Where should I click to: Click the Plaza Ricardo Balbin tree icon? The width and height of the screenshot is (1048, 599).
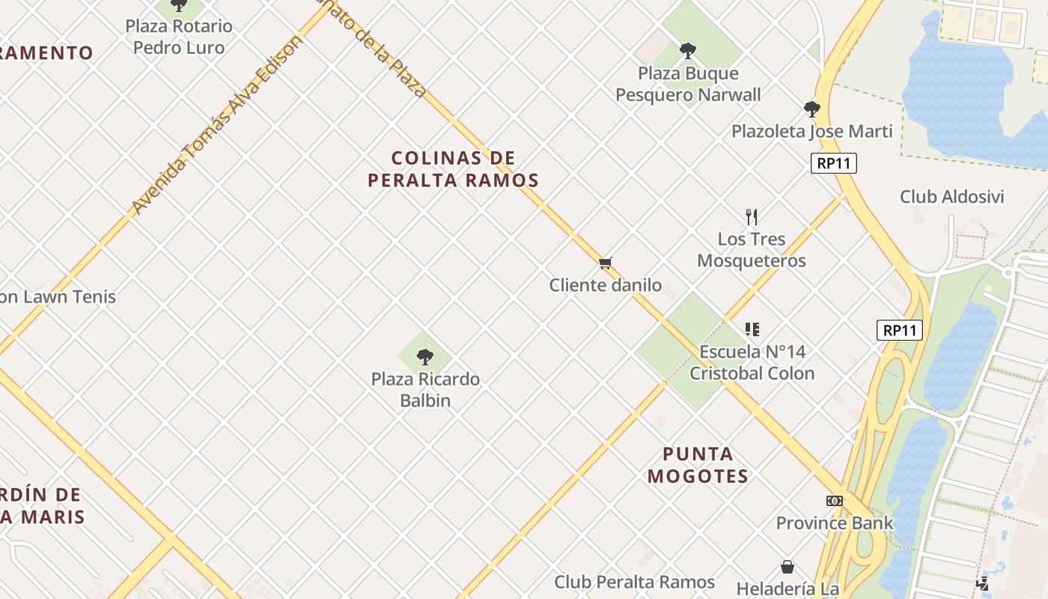tap(425, 356)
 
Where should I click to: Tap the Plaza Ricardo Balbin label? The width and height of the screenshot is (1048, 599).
tap(425, 389)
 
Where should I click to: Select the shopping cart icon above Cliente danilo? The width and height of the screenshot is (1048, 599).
tap(606, 263)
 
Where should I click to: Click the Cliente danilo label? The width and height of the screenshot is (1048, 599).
tap(606, 285)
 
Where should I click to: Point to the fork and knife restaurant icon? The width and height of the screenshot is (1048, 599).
tap(752, 217)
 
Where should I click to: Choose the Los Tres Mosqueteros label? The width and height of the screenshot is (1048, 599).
tap(752, 250)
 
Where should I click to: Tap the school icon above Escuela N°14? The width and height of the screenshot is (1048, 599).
tap(752, 329)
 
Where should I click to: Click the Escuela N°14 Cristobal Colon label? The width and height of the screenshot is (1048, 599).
tap(752, 362)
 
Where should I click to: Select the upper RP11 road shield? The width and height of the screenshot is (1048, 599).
tap(833, 163)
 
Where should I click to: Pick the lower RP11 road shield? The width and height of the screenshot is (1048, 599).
tap(899, 330)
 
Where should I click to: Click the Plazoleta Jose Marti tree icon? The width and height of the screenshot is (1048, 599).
tap(811, 109)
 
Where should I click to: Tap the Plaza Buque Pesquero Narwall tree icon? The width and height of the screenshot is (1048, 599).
tap(687, 51)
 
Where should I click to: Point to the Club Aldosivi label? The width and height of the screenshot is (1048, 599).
tap(951, 197)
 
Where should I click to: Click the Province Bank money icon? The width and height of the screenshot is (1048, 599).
tap(834, 501)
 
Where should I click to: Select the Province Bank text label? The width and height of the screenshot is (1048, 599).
tap(834, 523)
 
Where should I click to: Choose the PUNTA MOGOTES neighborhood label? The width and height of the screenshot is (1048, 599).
tap(698, 465)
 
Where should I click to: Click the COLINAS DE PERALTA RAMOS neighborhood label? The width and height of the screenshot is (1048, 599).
tap(453, 169)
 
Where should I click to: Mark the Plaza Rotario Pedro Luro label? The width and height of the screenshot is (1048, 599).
tap(178, 37)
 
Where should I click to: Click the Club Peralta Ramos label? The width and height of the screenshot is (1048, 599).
tap(634, 582)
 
